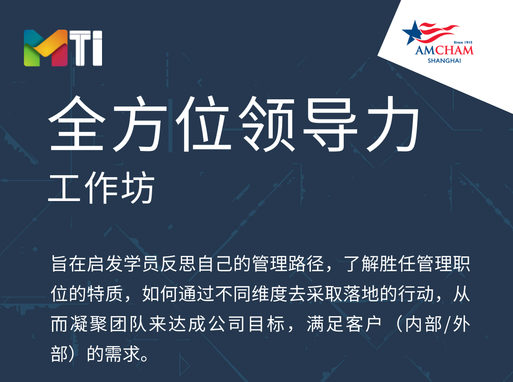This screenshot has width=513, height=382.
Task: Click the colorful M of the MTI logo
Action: point(46,48)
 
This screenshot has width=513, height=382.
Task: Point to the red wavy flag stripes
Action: point(439,32)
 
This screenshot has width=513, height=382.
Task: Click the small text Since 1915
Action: point(463,42)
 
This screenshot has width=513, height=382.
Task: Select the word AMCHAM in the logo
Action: point(444,50)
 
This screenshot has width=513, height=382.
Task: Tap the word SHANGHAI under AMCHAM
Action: point(444,61)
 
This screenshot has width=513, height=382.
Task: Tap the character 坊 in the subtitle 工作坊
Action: point(137,187)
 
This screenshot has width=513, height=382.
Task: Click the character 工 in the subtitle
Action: point(64,188)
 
